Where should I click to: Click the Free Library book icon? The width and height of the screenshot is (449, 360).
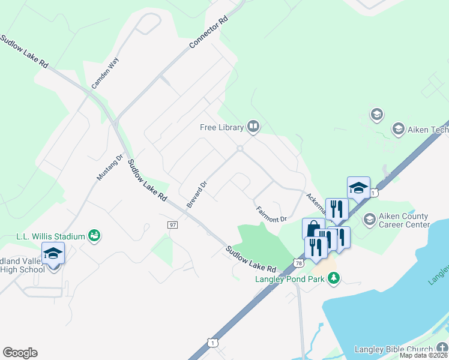[253, 127]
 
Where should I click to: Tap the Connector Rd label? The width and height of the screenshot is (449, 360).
[209, 34]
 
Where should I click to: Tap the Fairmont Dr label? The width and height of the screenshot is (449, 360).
[272, 214]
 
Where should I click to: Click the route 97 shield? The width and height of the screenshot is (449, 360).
[173, 224]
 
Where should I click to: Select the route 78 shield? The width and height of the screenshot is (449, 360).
[299, 262]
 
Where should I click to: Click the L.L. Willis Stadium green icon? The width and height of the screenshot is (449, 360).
[94, 236]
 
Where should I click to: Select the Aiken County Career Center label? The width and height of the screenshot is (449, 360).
[404, 220]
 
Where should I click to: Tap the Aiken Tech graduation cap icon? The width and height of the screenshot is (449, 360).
[397, 128]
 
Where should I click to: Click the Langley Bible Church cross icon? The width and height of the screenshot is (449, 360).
[442, 349]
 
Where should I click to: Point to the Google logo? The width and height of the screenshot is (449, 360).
[20, 353]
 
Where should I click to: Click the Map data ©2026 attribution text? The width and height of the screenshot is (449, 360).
[423, 355]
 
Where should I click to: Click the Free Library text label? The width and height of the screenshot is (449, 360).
[221, 127]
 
